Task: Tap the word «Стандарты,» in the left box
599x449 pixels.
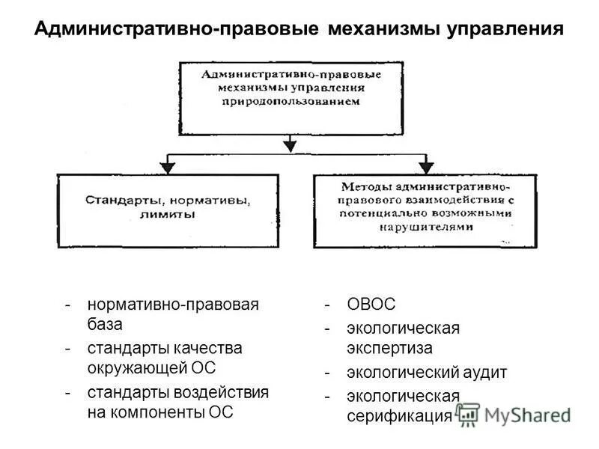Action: (x=124, y=201)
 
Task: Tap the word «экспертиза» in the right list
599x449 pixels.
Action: (x=389, y=348)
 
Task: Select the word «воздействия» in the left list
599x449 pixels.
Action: (x=225, y=392)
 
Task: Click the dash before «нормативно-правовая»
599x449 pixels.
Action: (x=69, y=305)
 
